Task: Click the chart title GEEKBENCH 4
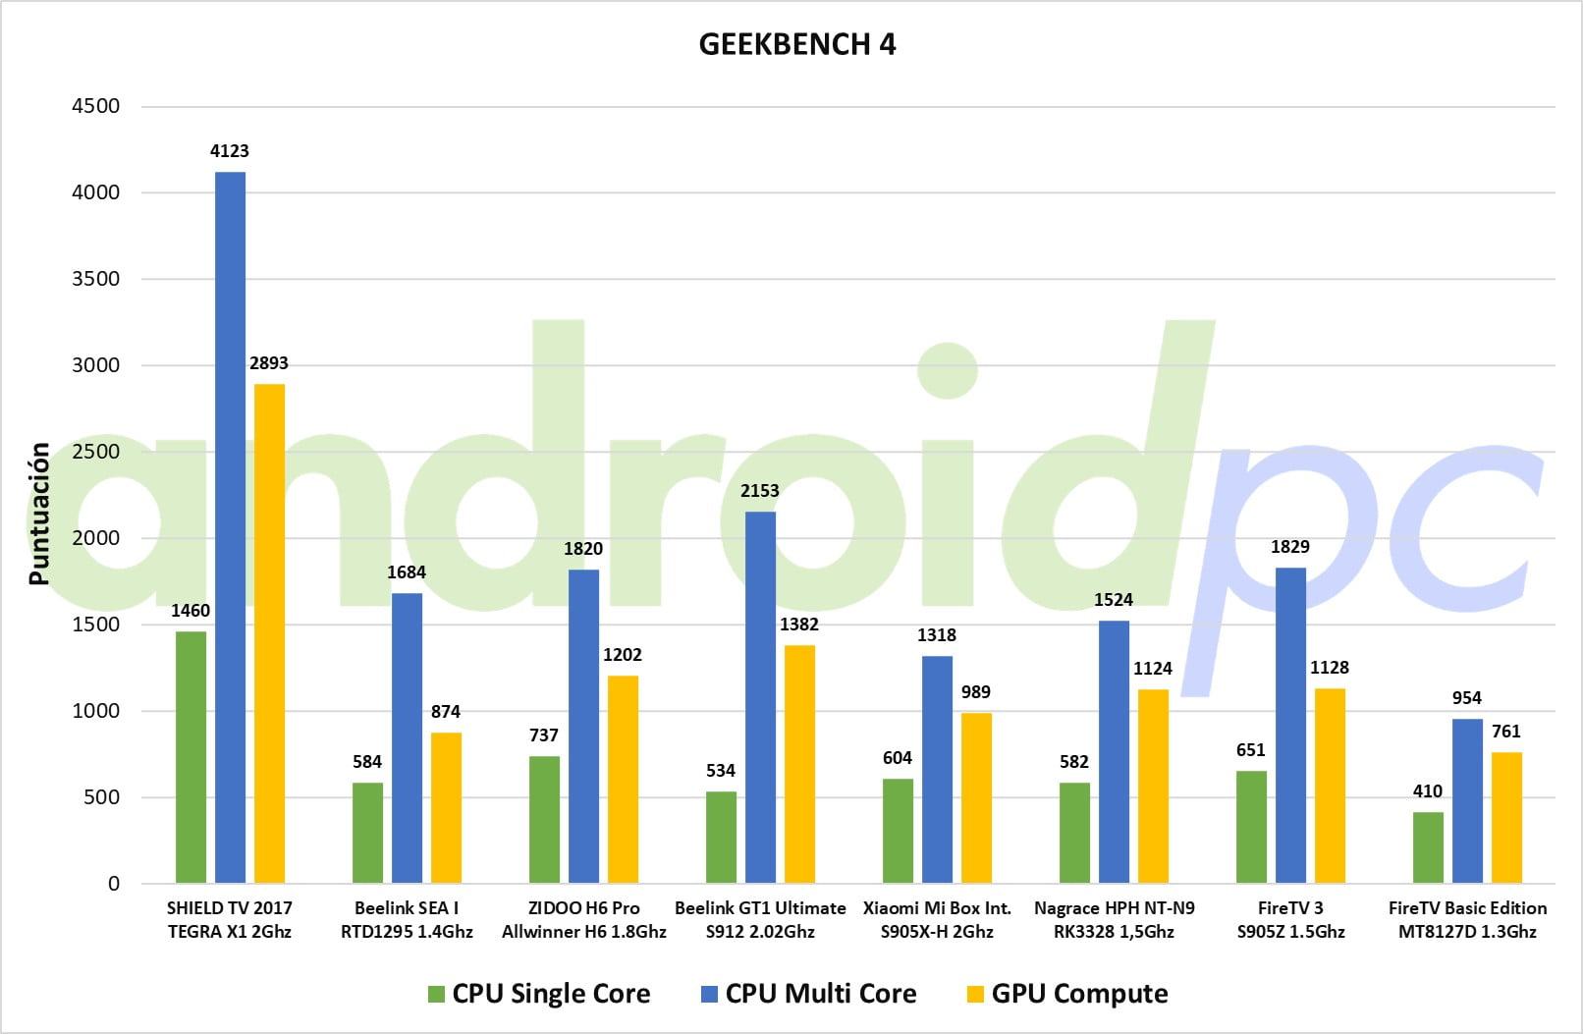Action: [x=796, y=44]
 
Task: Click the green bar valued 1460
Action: [x=191, y=757]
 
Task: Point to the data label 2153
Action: [x=760, y=491]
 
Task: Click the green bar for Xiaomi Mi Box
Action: [x=898, y=831]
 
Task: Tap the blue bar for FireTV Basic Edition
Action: [x=1467, y=801]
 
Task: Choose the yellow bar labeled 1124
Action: [x=1153, y=787]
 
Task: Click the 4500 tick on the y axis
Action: [x=96, y=106]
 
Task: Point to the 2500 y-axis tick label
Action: [x=96, y=452]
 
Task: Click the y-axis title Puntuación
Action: [x=39, y=514]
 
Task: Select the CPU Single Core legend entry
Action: [x=539, y=994]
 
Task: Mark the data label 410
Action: [x=1428, y=791]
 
